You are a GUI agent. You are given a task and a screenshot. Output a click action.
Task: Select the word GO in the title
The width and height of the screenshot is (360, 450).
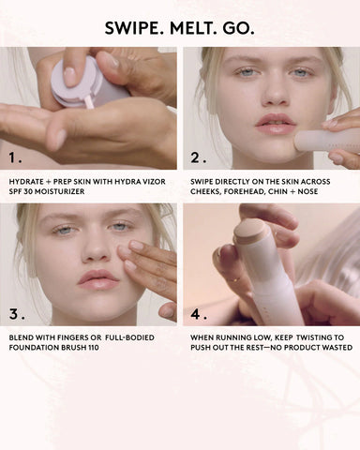point(237,28)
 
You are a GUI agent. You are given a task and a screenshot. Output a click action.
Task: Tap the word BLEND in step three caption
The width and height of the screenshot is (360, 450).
point(22,336)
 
